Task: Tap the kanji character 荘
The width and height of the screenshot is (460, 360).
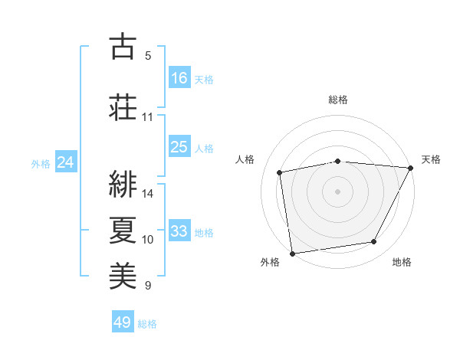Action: click(x=122, y=106)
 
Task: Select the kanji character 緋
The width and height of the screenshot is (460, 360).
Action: click(x=122, y=183)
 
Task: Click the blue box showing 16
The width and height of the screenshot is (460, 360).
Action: click(x=179, y=77)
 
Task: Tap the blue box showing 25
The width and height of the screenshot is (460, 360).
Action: click(x=179, y=147)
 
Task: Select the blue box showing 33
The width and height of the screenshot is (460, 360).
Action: click(x=179, y=231)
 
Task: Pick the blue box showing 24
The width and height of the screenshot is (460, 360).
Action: click(x=66, y=162)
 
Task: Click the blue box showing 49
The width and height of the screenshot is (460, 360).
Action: click(x=123, y=322)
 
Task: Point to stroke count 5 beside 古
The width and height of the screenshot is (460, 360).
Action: click(x=148, y=56)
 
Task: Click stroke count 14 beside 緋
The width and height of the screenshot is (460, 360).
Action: click(x=148, y=193)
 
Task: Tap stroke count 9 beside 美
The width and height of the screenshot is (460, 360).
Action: click(x=148, y=286)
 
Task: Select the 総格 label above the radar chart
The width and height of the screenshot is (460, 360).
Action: click(x=338, y=100)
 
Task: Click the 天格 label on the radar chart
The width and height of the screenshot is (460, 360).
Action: click(x=432, y=159)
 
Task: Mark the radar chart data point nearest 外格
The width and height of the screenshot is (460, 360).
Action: click(x=292, y=253)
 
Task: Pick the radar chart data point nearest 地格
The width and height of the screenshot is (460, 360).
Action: click(x=374, y=242)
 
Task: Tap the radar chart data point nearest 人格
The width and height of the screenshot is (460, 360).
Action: click(x=280, y=172)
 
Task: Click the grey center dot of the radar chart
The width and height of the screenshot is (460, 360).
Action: click(x=338, y=191)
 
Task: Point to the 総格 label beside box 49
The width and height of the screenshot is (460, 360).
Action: click(x=147, y=324)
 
